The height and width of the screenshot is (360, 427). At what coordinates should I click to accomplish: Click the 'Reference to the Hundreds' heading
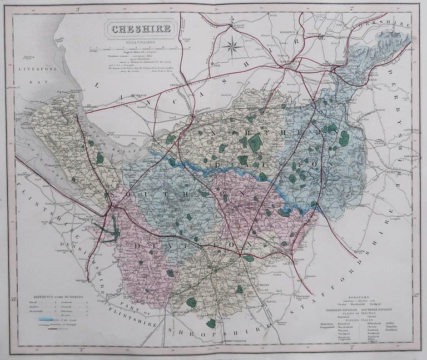pyautogui.click(x=58, y=297)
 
